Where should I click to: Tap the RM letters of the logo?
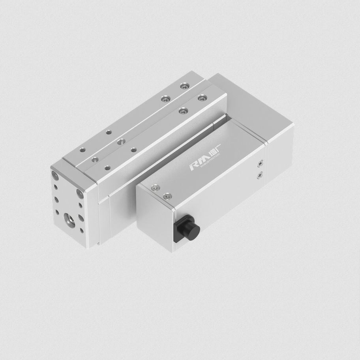click(x=197, y=165)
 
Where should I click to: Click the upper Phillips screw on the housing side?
click(x=260, y=162)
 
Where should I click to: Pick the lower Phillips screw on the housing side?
click(x=259, y=175)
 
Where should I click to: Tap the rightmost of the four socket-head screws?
click(x=202, y=97)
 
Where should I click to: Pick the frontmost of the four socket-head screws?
click(x=182, y=111)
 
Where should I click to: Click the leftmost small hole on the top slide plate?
click(x=82, y=150)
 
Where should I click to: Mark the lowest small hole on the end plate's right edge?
click(x=82, y=230)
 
